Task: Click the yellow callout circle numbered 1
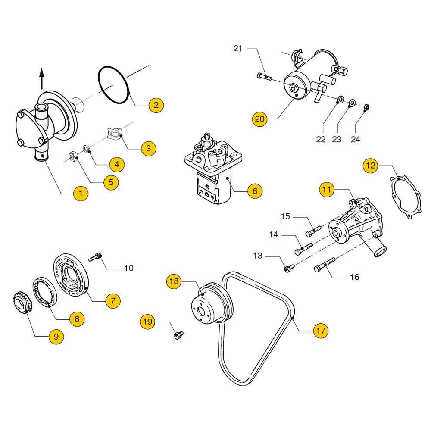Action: (x=81, y=194)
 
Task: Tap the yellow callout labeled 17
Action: (x=320, y=331)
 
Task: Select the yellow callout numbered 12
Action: (x=371, y=165)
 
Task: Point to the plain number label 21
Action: (x=238, y=49)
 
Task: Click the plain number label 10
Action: (x=128, y=268)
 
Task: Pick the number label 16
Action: (x=354, y=277)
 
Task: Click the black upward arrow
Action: (x=42, y=79)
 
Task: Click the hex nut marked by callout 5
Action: (x=73, y=156)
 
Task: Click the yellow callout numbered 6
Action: (x=255, y=191)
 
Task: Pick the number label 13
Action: (x=258, y=256)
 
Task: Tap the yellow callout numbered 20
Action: (x=259, y=119)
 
